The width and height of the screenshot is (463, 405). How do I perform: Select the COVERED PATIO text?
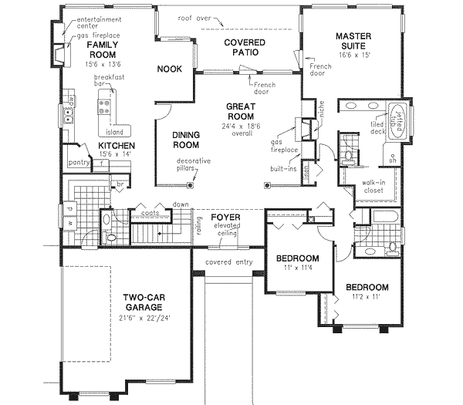tap(246, 47)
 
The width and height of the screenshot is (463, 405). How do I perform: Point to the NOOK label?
tap(169, 69)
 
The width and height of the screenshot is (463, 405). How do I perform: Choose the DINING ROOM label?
tap(186, 140)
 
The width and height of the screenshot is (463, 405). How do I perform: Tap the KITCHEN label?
tap(117, 145)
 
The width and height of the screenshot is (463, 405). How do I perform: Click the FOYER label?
tap(228, 218)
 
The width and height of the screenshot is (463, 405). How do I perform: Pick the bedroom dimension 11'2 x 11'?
tap(367, 298)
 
